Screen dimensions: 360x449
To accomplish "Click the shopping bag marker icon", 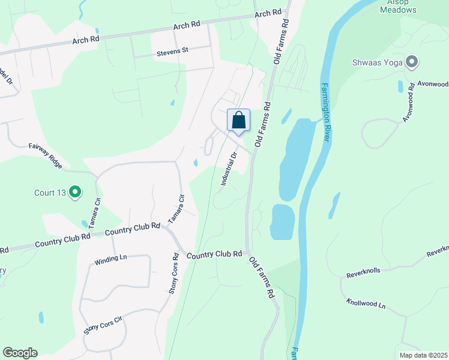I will (239, 120).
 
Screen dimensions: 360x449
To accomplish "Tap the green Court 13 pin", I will (75, 192).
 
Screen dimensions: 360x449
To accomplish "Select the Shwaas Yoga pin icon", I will (412, 62).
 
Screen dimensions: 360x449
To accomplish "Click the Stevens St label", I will (172, 51).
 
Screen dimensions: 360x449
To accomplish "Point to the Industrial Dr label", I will (229, 169).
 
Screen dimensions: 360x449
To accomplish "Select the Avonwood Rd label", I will (409, 102).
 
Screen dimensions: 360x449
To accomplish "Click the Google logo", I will (20, 353).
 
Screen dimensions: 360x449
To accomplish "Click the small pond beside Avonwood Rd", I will (400, 86).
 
